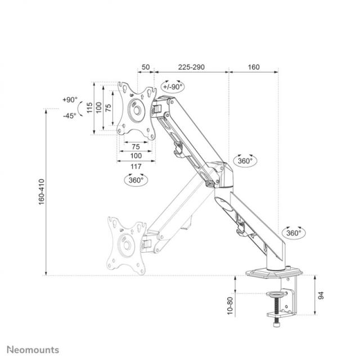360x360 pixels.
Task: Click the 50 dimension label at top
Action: click(x=145, y=67)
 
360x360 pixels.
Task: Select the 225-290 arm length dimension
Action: click(x=191, y=67)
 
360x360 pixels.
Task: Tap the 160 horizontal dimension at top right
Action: click(x=253, y=67)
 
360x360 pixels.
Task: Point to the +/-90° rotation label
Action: click(x=172, y=87)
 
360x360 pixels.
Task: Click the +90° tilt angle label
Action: click(x=70, y=100)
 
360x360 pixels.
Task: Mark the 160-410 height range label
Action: click(x=40, y=192)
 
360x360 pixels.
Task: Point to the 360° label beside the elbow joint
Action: click(x=245, y=160)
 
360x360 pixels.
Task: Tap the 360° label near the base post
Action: click(x=292, y=232)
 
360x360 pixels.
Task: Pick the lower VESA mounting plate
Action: click(x=124, y=242)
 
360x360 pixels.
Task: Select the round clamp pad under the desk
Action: click(x=276, y=293)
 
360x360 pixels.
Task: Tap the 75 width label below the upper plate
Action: click(x=136, y=146)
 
